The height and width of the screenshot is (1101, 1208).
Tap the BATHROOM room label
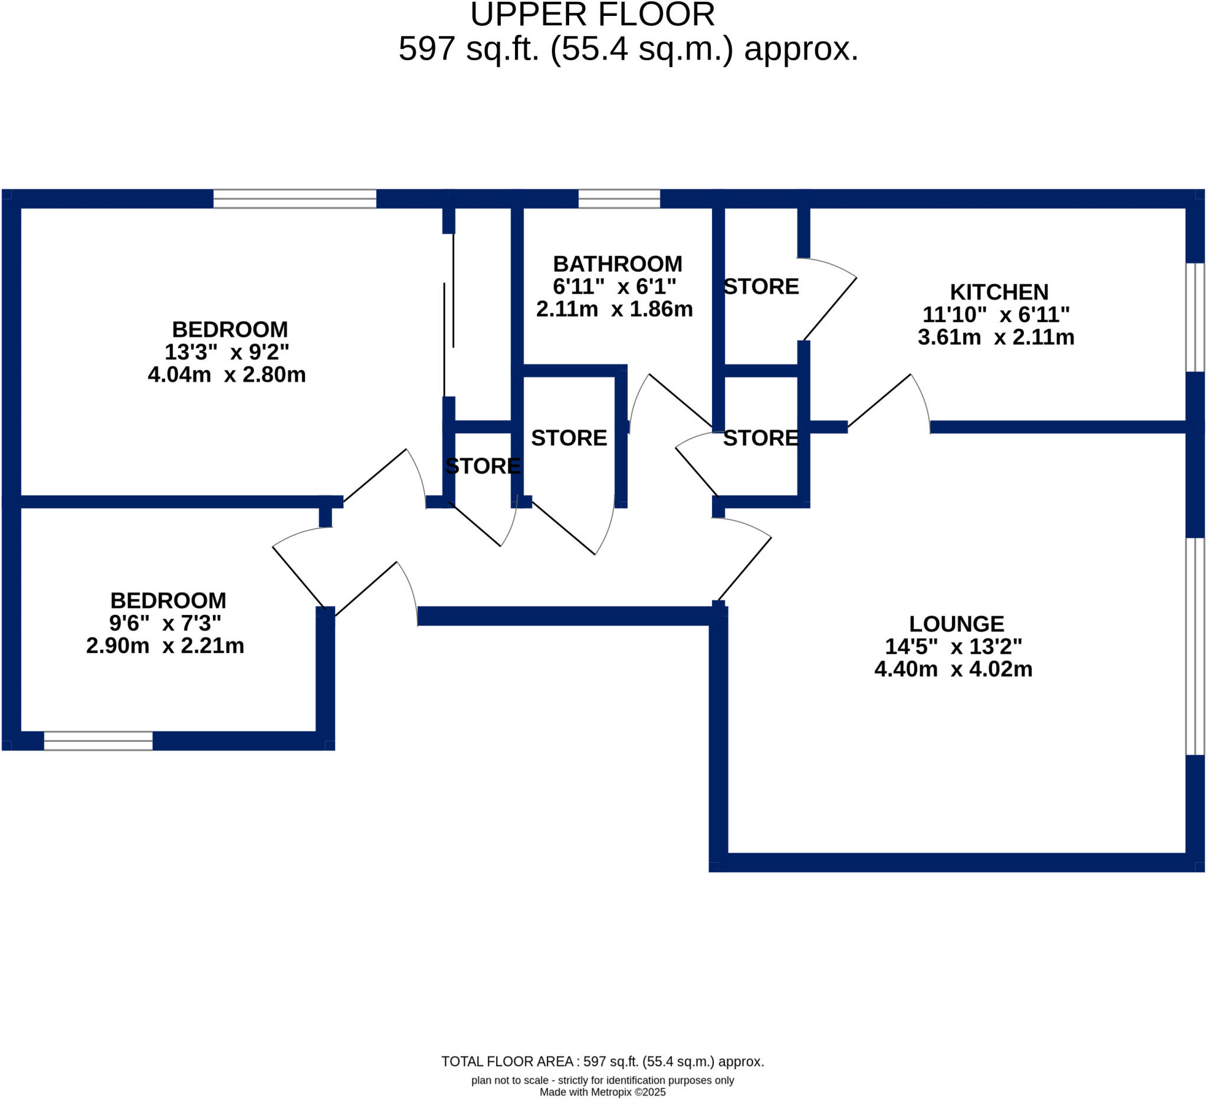click(x=617, y=264)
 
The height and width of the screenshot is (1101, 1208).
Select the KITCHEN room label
click(x=999, y=292)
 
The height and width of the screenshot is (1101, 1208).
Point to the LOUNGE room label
click(x=956, y=623)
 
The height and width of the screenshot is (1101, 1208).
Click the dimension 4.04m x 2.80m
click(x=226, y=374)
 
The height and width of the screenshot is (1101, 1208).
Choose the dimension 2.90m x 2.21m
click(x=165, y=646)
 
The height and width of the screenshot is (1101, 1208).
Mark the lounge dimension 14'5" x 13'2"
click(x=953, y=646)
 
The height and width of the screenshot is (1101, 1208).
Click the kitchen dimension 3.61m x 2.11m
click(x=995, y=337)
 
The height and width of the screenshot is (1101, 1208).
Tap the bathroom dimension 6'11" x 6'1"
click(x=614, y=287)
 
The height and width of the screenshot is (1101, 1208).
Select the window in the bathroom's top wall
click(x=618, y=198)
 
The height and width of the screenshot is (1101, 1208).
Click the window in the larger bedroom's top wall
click(x=294, y=198)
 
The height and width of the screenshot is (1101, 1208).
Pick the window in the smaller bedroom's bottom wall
click(x=99, y=741)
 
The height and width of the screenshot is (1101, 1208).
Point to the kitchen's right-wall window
click(x=1195, y=317)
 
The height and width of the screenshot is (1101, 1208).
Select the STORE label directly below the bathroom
click(x=569, y=438)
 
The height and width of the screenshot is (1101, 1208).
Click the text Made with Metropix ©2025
click(x=602, y=1092)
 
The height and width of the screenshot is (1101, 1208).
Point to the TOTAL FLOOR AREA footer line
click(x=602, y=1061)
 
